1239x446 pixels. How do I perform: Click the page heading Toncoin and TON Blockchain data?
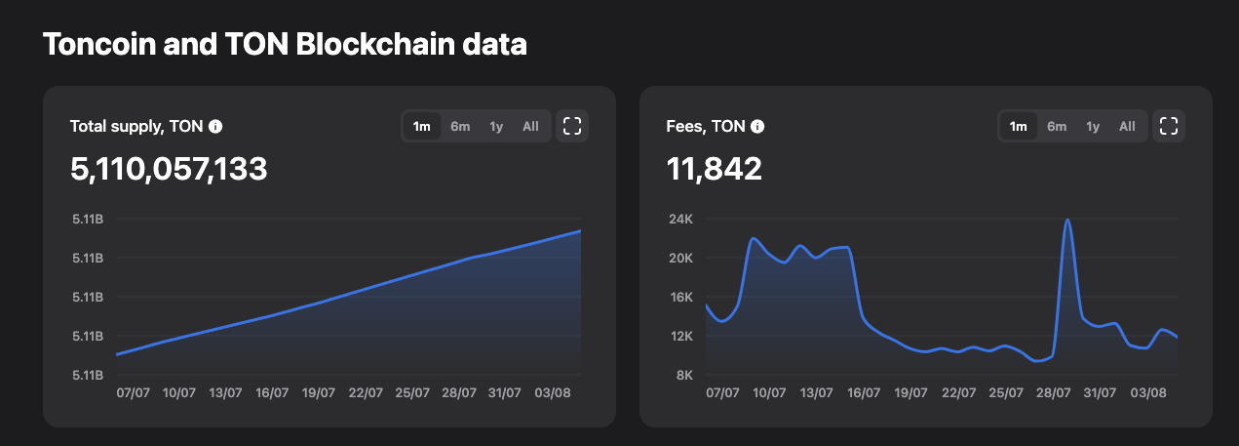285,45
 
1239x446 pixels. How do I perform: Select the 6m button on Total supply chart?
460,126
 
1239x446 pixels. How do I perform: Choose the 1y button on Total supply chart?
496,126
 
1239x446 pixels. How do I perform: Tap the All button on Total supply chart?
530,126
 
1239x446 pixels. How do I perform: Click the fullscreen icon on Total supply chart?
572,126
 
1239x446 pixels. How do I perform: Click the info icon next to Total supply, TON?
215,126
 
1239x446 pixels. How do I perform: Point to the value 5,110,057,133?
169,170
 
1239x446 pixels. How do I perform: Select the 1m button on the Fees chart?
1018,126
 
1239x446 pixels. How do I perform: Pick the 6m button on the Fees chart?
1057,126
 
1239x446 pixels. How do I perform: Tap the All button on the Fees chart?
1127,126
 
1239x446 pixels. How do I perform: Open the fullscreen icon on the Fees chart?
1169,126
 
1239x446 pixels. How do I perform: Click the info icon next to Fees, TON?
757,126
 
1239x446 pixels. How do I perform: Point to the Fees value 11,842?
714,170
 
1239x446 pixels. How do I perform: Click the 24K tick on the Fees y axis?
679,220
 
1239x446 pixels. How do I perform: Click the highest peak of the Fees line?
1068,220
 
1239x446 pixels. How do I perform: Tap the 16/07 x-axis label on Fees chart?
864,393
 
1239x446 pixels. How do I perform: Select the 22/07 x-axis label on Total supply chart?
366,393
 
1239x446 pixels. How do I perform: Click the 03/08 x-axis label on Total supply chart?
553,393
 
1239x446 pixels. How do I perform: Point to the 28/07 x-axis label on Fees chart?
1053,393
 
